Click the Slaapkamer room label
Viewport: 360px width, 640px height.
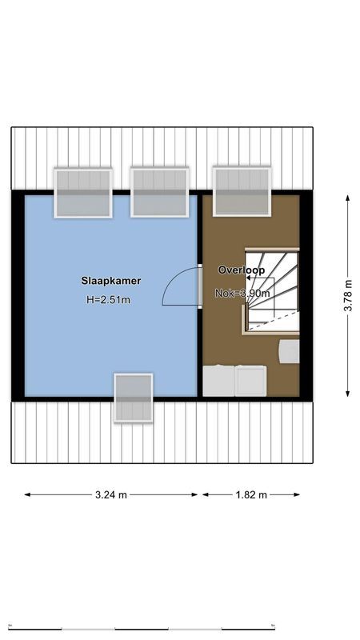(110, 281)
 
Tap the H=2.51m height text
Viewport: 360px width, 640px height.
(108, 300)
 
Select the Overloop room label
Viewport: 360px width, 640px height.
(241, 270)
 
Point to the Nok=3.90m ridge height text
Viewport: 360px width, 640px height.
(242, 294)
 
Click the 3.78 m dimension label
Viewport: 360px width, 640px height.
(347, 295)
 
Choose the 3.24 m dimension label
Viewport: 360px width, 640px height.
(110, 494)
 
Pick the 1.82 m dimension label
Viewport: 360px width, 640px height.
(251, 494)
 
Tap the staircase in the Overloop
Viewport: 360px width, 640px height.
(271, 290)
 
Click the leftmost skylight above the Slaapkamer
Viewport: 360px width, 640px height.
(82, 193)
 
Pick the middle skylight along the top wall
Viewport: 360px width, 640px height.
(159, 192)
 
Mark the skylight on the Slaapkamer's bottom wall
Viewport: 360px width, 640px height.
(133, 398)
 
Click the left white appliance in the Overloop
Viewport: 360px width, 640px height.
(218, 381)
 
